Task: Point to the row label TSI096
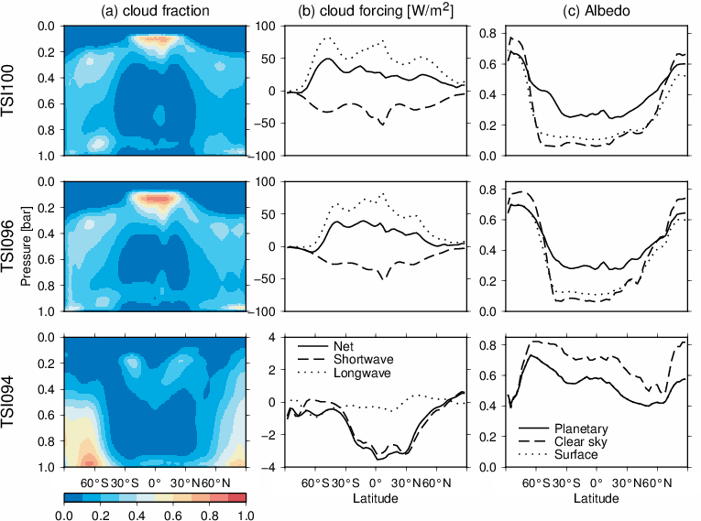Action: click(x=13, y=246)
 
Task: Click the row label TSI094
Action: click(x=13, y=402)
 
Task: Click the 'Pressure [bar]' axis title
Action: click(x=35, y=246)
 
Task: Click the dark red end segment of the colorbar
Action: click(x=235, y=498)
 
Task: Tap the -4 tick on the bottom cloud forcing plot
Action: click(x=272, y=467)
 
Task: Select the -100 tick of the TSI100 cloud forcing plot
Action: click(x=267, y=156)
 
